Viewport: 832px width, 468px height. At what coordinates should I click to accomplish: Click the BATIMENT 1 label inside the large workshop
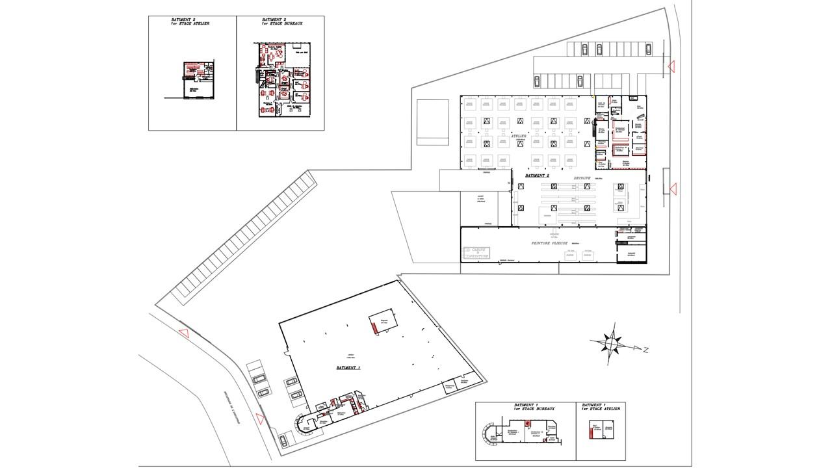pyautogui.click(x=348, y=368)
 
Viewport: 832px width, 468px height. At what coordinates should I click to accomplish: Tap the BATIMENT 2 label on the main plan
pyautogui.click(x=538, y=176)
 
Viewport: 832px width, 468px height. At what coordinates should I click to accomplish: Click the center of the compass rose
pyautogui.click(x=611, y=342)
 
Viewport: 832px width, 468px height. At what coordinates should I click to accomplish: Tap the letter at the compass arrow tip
pyautogui.click(x=646, y=350)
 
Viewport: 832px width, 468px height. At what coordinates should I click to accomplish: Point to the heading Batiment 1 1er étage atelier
pyautogui.click(x=602, y=408)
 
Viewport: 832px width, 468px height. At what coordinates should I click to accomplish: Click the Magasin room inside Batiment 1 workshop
pyautogui.click(x=383, y=321)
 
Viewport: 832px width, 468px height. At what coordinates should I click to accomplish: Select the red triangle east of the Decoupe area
pyautogui.click(x=673, y=189)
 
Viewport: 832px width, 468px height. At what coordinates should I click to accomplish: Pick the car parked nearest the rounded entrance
pyautogui.click(x=284, y=440)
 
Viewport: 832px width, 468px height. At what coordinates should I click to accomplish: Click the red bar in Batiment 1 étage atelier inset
pyautogui.click(x=591, y=431)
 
